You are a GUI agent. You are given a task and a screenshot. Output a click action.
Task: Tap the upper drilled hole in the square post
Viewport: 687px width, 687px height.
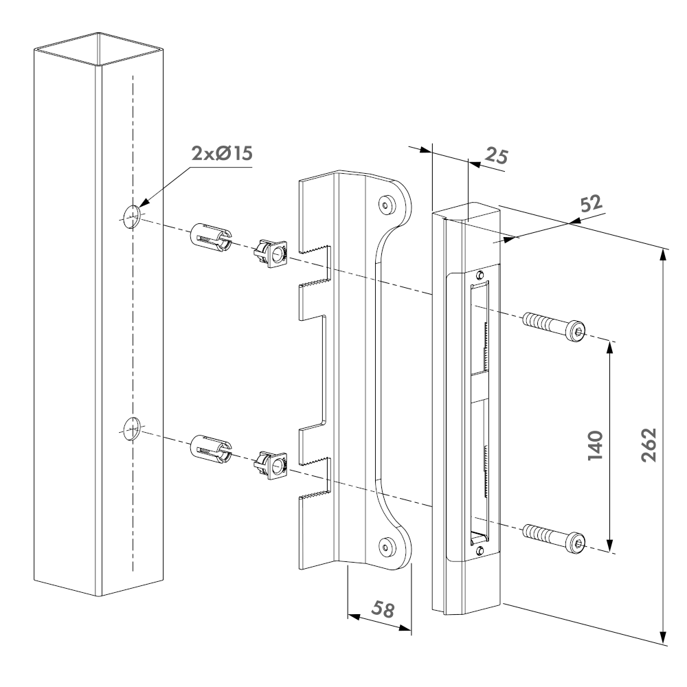(x=131, y=216)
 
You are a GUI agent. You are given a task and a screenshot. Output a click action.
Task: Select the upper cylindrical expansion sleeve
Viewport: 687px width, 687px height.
(x=210, y=237)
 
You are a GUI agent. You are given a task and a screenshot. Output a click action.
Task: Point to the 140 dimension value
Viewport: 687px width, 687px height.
(x=595, y=445)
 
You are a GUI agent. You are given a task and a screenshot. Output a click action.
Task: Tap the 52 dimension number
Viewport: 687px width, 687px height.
(x=589, y=204)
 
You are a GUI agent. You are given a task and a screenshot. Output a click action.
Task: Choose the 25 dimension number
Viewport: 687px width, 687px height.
(x=495, y=156)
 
